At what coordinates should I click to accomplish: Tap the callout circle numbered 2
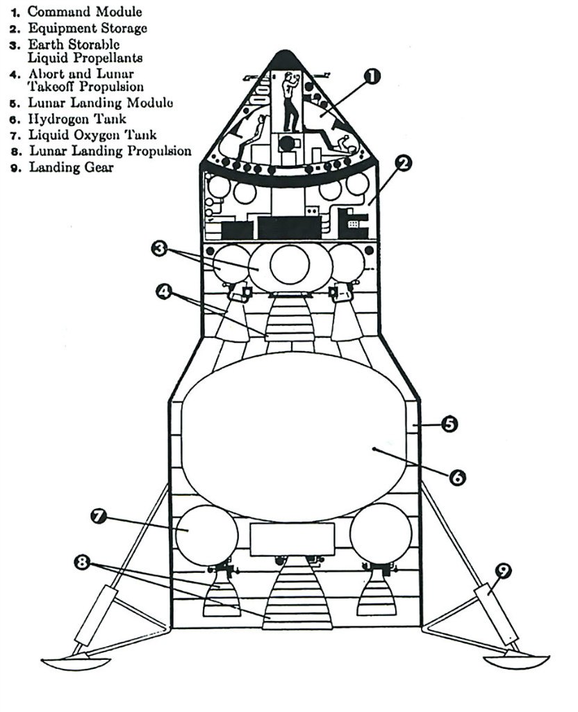pyautogui.click(x=403, y=165)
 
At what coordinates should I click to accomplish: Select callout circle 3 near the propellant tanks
pyautogui.click(x=160, y=248)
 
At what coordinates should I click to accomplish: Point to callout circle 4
pyautogui.click(x=165, y=292)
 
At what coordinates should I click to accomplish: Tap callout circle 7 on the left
pyautogui.click(x=99, y=517)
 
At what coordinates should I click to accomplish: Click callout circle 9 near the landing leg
pyautogui.click(x=503, y=571)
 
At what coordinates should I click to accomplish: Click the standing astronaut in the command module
pyautogui.click(x=289, y=97)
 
